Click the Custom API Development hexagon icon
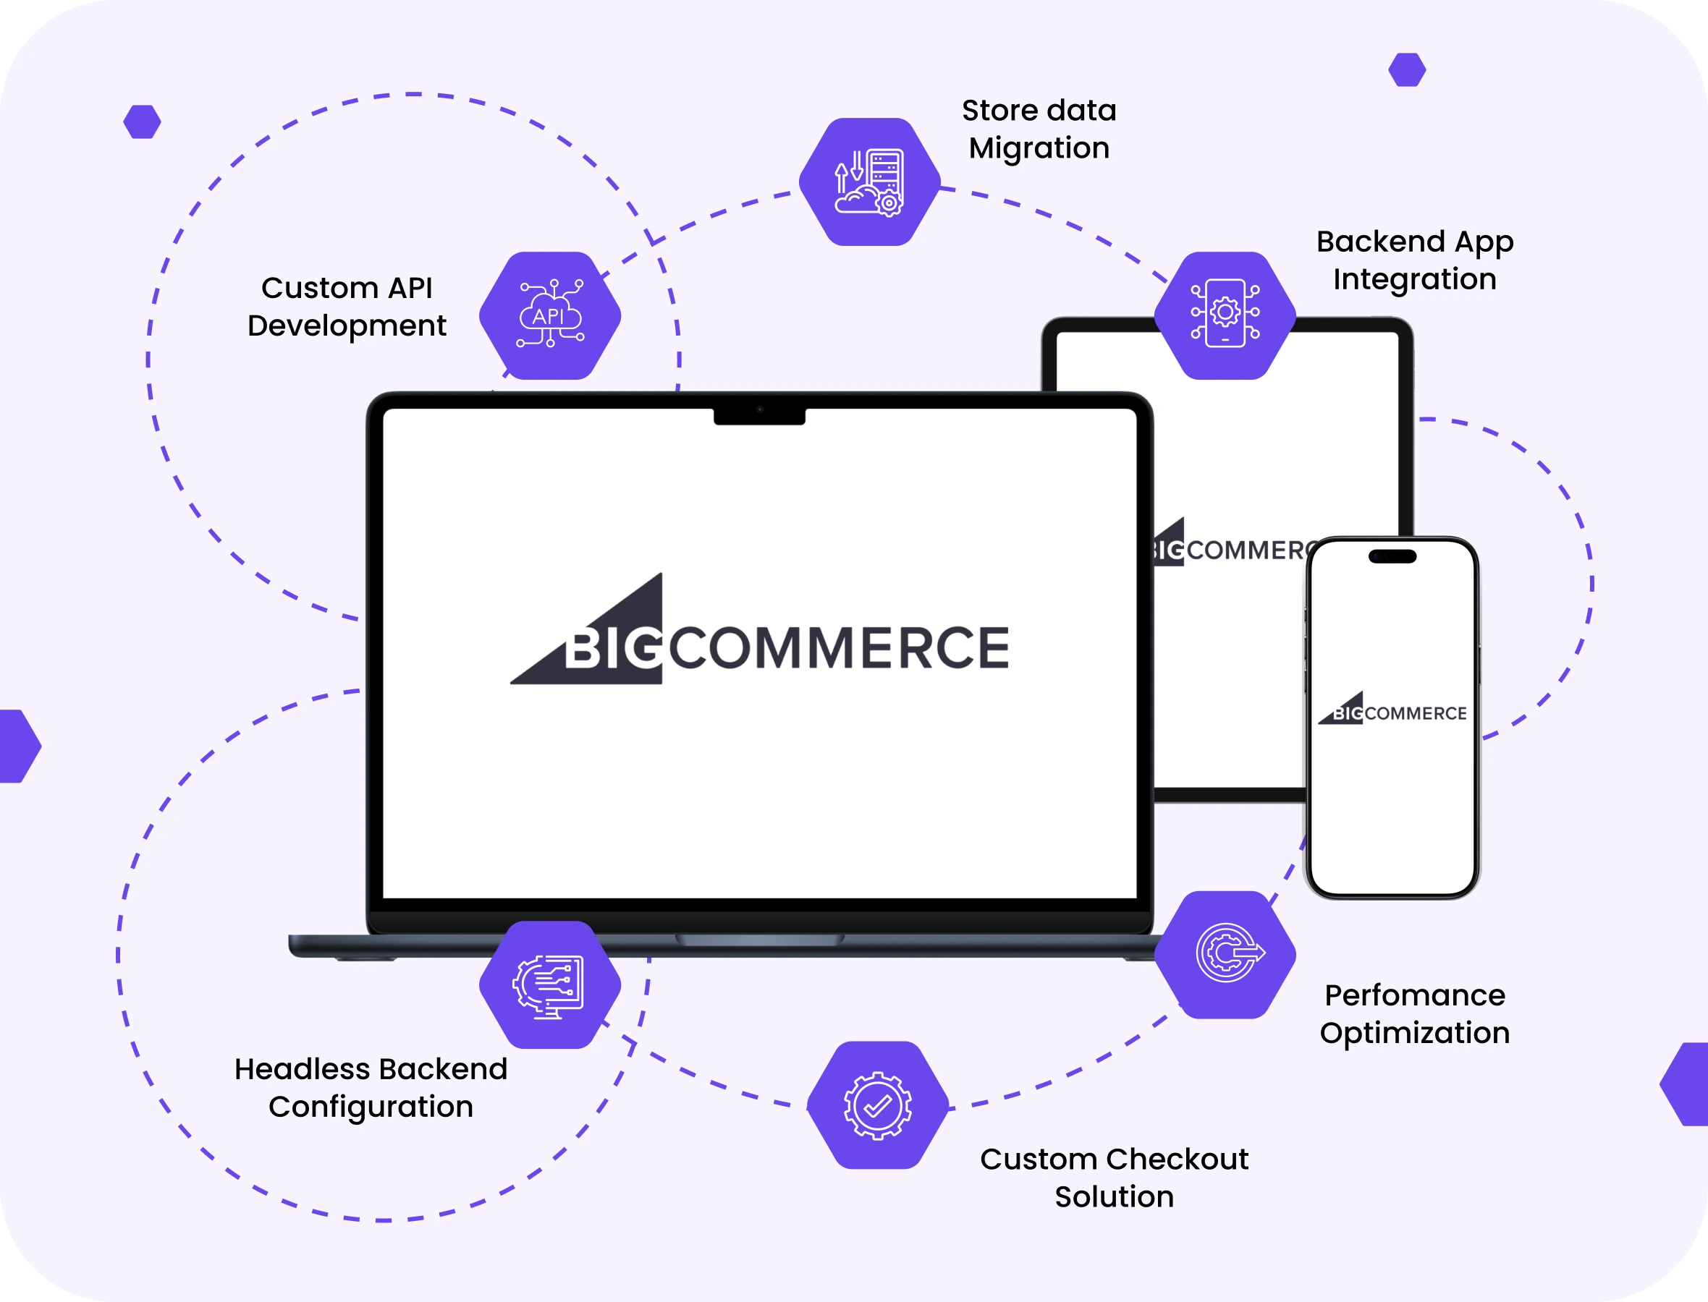(x=550, y=315)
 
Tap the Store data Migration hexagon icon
(x=869, y=182)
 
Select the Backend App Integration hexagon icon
(x=1225, y=315)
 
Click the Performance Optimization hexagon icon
(x=1225, y=954)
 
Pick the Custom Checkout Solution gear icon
(x=878, y=1105)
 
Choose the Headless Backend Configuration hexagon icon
(x=550, y=984)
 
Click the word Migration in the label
(x=1039, y=149)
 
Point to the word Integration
(x=1414, y=280)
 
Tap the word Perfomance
(x=1414, y=995)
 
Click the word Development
(x=347, y=326)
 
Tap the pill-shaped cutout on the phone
(x=1392, y=556)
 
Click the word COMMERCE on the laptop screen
(x=838, y=648)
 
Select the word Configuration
(x=371, y=1107)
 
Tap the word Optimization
(x=1414, y=1033)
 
